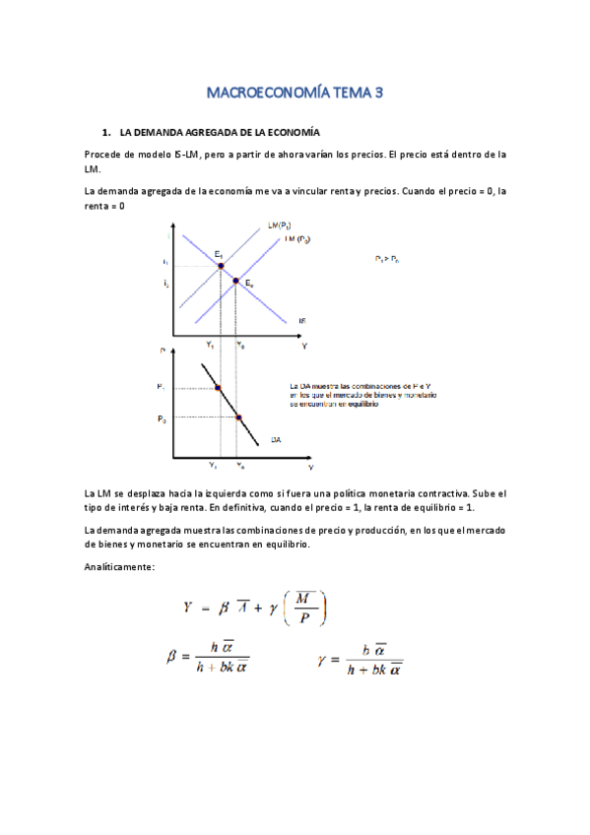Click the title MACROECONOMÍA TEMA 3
click(x=295, y=94)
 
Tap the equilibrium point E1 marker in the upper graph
click(x=221, y=266)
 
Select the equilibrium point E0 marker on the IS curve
click(x=235, y=281)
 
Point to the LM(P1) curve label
click(x=279, y=225)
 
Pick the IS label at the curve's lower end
click(x=303, y=320)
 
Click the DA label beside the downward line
click(x=277, y=441)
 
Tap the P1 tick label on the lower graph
click(x=161, y=388)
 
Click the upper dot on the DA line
click(x=219, y=388)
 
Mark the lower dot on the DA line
click(x=238, y=417)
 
